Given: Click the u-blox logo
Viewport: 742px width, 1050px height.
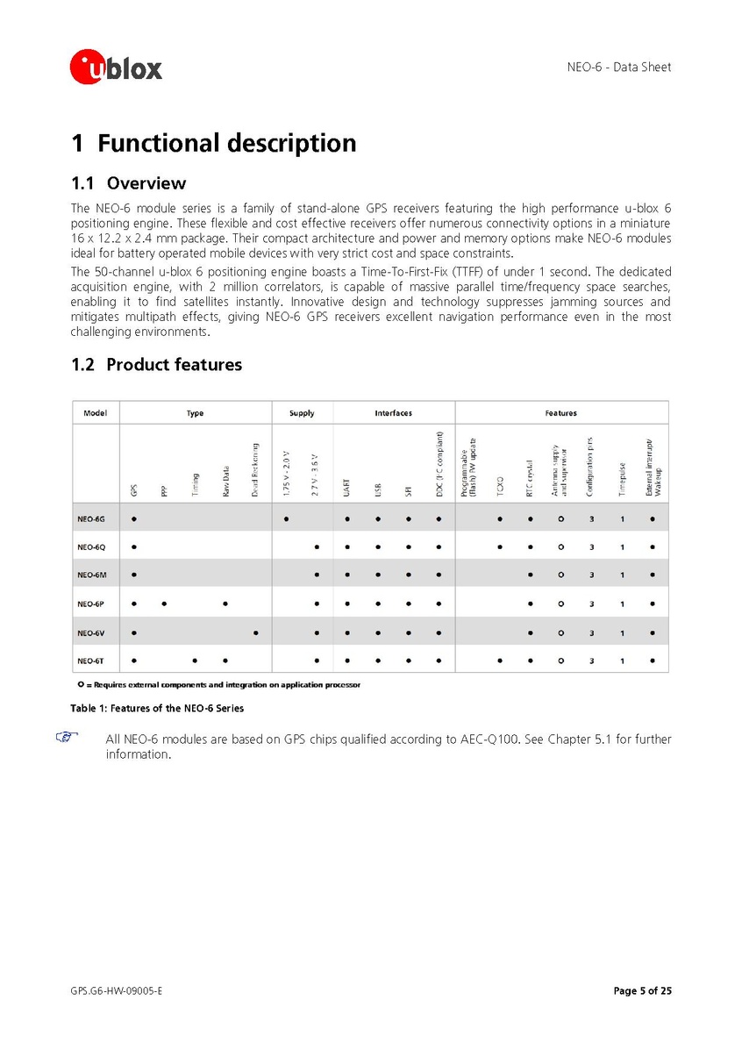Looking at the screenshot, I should pos(116,67).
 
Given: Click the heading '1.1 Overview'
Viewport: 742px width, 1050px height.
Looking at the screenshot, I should pos(128,183).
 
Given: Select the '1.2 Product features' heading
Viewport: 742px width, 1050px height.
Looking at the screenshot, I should pos(156,364).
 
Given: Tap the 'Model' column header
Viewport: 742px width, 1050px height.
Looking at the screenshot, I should pos(95,412).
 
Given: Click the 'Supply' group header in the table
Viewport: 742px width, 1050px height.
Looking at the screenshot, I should pos(302,412).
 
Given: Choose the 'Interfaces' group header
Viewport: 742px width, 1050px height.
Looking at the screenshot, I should pos(393,412).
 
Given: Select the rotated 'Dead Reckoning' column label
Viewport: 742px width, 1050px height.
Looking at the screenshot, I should pos(255,470).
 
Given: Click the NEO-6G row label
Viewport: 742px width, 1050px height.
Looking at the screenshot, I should pos(91,518).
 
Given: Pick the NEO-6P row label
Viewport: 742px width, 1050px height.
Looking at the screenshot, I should pos(91,604).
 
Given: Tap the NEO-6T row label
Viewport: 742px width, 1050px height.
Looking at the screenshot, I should pos(91,661).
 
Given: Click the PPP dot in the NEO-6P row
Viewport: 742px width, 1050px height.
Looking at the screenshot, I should pos(164,604).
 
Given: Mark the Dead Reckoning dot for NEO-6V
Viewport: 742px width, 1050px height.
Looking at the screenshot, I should pos(255,632).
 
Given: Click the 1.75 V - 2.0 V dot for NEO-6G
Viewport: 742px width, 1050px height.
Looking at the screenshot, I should pos(287,518).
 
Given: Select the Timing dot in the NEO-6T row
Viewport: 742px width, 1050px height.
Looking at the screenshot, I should pos(195,661).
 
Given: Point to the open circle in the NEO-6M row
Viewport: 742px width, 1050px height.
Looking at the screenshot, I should pos(560,575).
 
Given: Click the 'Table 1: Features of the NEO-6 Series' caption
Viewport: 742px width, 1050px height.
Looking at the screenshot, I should pos(157,708).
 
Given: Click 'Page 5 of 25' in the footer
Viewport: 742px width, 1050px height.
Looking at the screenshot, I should pos(642,991).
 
